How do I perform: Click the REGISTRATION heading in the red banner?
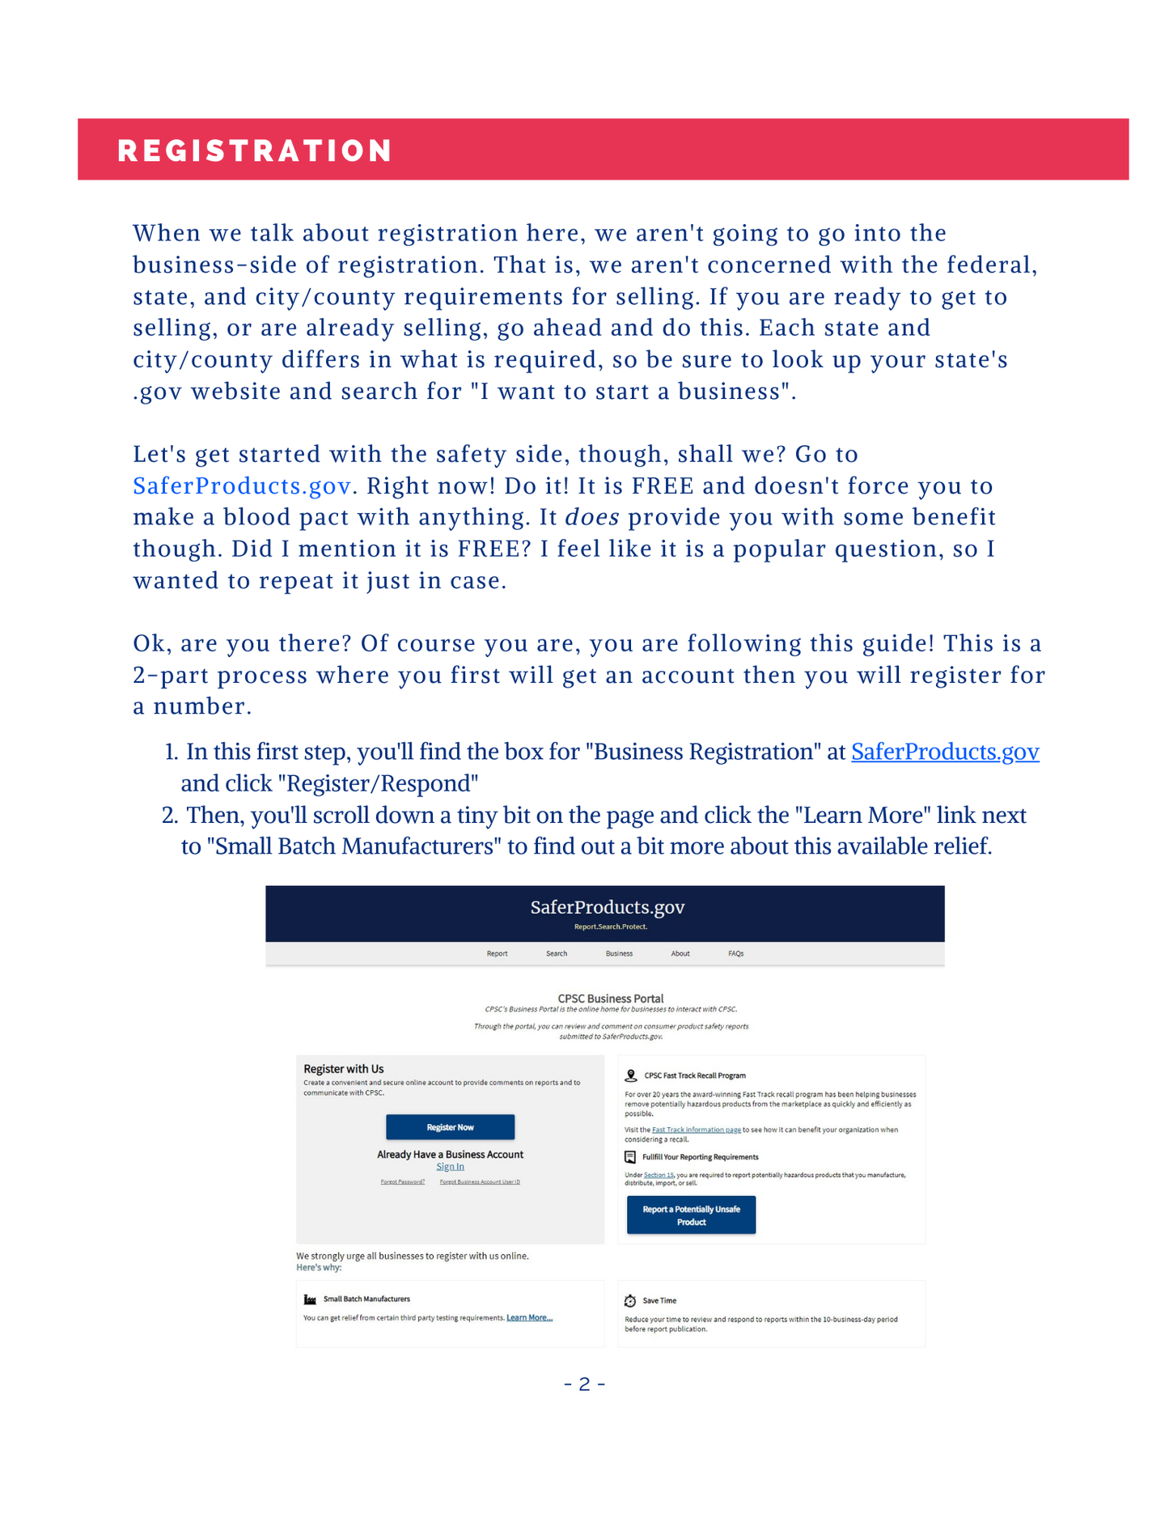point(255,151)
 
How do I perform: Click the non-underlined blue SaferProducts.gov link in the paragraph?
point(242,486)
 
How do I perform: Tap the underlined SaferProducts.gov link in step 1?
point(944,752)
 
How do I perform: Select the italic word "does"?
point(591,517)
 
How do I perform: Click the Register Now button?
point(450,1127)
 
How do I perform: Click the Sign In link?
point(450,1166)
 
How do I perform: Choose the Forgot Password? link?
point(402,1181)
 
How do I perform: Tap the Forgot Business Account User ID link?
point(480,1181)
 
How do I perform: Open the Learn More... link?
point(529,1317)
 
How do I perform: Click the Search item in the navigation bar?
point(557,953)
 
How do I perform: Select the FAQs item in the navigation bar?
point(735,953)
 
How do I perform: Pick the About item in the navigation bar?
point(680,953)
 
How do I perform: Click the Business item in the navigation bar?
point(619,953)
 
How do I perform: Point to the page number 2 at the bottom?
point(584,1385)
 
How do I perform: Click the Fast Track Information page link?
point(696,1130)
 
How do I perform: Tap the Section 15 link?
point(659,1175)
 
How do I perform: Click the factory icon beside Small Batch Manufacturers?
point(310,1300)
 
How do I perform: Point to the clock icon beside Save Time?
point(630,1300)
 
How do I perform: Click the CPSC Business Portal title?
point(610,999)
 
